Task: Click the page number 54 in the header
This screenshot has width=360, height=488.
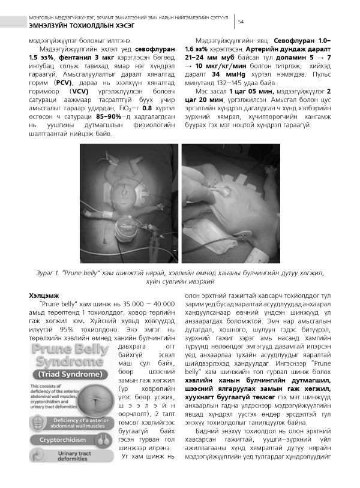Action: click(241, 22)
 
